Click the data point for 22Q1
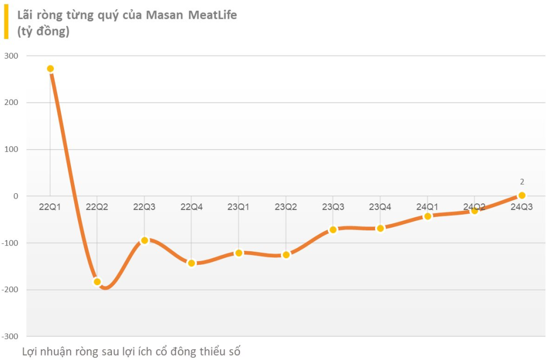pyautogui.click(x=50, y=69)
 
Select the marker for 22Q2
pyautogui.click(x=97, y=281)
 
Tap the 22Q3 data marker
pyautogui.click(x=144, y=241)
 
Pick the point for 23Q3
pyautogui.click(x=333, y=230)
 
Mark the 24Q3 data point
pyautogui.click(x=521, y=195)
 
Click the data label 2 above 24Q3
pyautogui.click(x=522, y=182)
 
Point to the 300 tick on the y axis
pyautogui.click(x=11, y=56)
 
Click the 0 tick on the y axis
pyautogui.click(x=16, y=196)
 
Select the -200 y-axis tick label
pyautogui.click(x=10, y=290)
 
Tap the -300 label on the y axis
pyautogui.click(x=10, y=336)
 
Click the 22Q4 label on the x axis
pyautogui.click(x=192, y=207)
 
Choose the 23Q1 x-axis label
pyautogui.click(x=239, y=207)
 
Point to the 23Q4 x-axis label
pyautogui.click(x=380, y=207)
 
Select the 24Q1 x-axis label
pyautogui.click(x=428, y=207)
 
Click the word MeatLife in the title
pyautogui.click(x=213, y=15)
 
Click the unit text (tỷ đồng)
pyautogui.click(x=44, y=31)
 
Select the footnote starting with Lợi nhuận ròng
pyautogui.click(x=132, y=351)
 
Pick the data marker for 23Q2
pyautogui.click(x=286, y=255)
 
